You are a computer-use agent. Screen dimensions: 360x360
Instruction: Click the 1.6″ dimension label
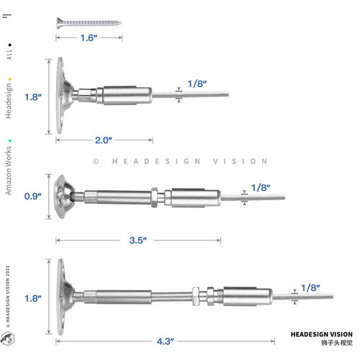coord(89,37)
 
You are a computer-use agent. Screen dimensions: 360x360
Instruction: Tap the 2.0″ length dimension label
coord(104,140)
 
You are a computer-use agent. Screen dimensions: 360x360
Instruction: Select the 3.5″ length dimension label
coord(138,240)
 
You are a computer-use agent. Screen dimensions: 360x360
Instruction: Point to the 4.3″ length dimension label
coord(166,341)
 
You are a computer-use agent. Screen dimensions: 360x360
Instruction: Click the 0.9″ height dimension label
coord(33,196)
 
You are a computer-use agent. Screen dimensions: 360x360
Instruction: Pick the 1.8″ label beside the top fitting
coord(33,97)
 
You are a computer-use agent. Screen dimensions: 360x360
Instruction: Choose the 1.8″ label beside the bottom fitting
coord(33,298)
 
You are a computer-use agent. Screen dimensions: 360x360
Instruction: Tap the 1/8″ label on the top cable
coord(197,84)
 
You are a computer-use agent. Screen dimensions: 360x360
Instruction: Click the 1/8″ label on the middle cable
coord(261,188)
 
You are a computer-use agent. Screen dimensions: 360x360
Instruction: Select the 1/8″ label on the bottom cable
coord(310,287)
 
